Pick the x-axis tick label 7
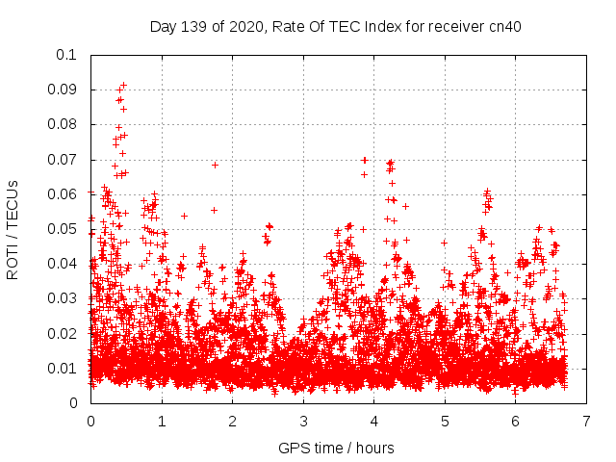click(586, 421)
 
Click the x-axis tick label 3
click(303, 421)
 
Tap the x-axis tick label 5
click(445, 421)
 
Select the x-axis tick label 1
click(162, 421)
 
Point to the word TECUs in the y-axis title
click(13, 203)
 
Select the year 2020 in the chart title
click(246, 26)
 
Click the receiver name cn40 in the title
click(503, 26)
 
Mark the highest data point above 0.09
click(123, 85)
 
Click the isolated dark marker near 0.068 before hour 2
click(215, 165)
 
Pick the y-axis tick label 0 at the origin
click(73, 403)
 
